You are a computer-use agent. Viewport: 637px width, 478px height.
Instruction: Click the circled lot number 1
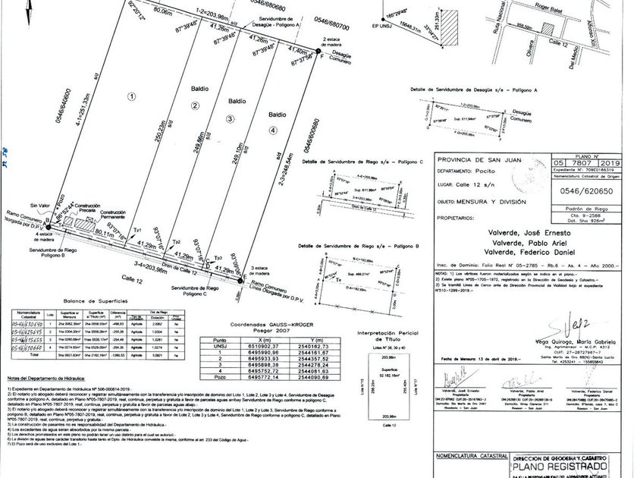tap(131, 96)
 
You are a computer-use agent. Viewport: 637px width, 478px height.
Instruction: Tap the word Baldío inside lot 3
tap(235, 100)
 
